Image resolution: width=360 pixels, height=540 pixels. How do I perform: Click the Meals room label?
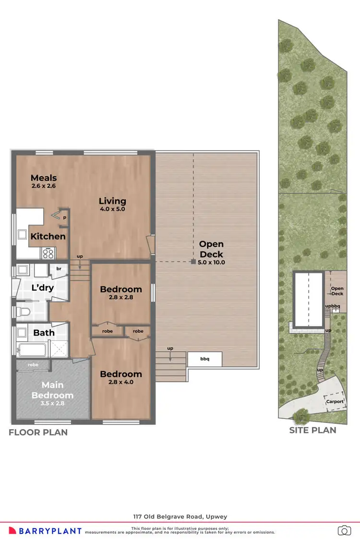click(44, 178)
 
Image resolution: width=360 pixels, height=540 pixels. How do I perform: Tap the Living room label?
click(112, 201)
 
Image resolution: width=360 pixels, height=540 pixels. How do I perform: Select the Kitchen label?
click(48, 236)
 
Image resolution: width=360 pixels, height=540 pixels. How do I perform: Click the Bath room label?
click(44, 332)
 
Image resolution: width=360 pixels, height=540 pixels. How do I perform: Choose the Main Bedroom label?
click(52, 390)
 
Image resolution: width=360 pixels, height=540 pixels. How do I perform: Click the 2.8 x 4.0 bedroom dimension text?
click(120, 383)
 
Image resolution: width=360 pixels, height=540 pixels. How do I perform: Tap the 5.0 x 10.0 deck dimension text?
click(211, 262)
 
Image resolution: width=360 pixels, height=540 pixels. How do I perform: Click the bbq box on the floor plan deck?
click(204, 359)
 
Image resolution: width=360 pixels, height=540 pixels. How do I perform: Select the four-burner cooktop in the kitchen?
click(48, 252)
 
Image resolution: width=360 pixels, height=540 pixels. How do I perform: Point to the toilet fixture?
click(23, 313)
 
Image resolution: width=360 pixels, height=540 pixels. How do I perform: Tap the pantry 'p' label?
click(64, 217)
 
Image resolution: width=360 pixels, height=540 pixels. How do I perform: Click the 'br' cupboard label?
click(59, 269)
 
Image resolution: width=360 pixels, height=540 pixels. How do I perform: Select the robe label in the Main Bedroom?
click(33, 365)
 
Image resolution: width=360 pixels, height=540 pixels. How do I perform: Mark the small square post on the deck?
click(192, 262)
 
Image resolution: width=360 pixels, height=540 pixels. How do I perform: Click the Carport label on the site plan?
click(335, 402)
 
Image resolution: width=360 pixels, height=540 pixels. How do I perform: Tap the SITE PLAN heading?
click(312, 430)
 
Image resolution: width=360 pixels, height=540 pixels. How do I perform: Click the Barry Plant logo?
click(50, 530)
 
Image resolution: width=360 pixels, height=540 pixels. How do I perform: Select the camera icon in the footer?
click(344, 530)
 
